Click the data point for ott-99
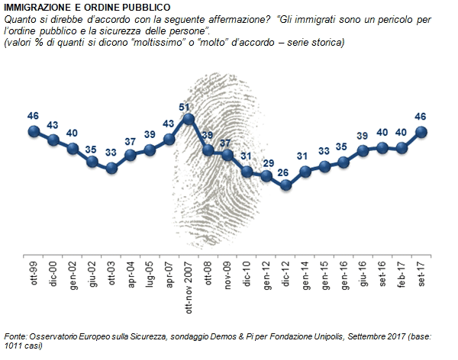34,131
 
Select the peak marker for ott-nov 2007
189,119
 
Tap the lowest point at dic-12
286,184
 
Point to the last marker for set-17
422,131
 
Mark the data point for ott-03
111,167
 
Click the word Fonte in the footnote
16,336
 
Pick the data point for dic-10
247,172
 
